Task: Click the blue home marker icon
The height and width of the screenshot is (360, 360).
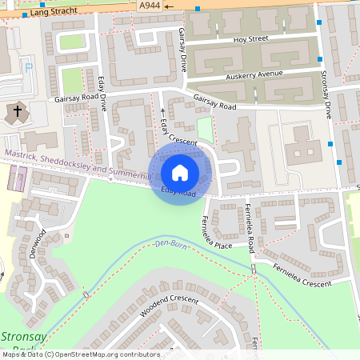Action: coord(180,173)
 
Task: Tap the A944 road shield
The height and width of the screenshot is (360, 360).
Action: coord(149,6)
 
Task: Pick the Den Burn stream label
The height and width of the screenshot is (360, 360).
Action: coord(170,242)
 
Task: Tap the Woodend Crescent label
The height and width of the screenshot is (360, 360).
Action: coord(168,306)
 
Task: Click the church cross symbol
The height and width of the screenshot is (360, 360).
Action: coord(18,111)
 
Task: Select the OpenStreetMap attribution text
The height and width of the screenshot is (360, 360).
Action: coord(80,354)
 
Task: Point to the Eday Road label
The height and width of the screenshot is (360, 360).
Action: coord(178,192)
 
